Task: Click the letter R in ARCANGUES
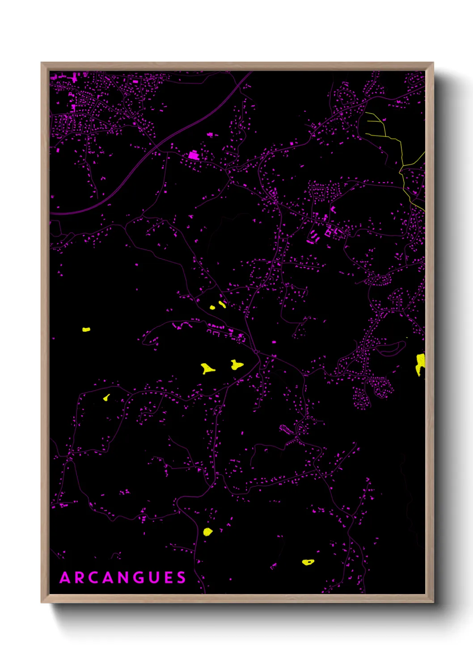pos(79,577)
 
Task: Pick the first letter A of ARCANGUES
pos(65,577)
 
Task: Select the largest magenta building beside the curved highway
pos(193,155)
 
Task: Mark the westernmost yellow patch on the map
pos(86,330)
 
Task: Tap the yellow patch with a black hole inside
pos(308,562)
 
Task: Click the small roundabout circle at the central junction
pos(256,352)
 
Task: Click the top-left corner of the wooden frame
pos(42,63)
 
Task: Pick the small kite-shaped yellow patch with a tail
pos(106,397)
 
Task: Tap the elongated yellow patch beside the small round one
pos(222,305)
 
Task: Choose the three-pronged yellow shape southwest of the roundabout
pos(207,368)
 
